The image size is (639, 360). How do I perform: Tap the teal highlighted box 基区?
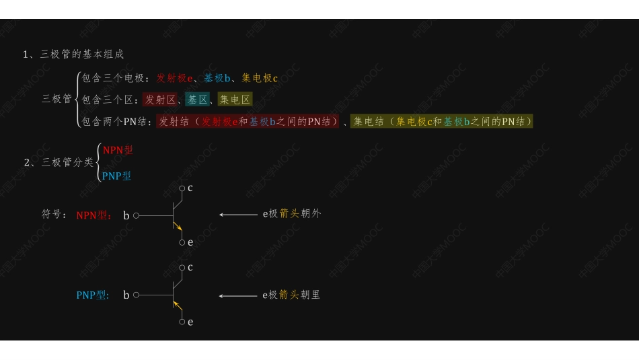click(x=198, y=100)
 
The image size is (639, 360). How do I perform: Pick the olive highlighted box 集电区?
click(x=235, y=100)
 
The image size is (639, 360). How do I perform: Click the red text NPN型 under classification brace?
click(x=118, y=150)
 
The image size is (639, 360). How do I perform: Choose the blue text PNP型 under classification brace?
click(x=116, y=176)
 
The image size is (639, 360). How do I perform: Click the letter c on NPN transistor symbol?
click(x=190, y=188)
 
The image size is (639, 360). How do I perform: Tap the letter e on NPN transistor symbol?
click(x=190, y=242)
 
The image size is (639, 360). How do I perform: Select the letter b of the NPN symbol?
click(x=126, y=216)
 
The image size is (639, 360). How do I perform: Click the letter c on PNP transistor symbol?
click(x=190, y=267)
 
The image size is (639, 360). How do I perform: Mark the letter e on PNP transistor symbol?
click(x=190, y=322)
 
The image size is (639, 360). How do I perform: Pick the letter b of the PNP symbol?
click(x=126, y=295)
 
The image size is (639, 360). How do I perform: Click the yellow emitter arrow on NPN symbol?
click(x=178, y=226)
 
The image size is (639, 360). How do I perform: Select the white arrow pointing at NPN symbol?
click(x=238, y=215)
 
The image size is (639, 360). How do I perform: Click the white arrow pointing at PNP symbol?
click(x=238, y=295)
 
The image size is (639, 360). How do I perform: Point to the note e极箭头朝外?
click(x=292, y=214)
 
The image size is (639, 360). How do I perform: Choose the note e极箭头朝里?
click(x=292, y=295)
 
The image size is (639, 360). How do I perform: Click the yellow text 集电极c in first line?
click(x=260, y=78)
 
